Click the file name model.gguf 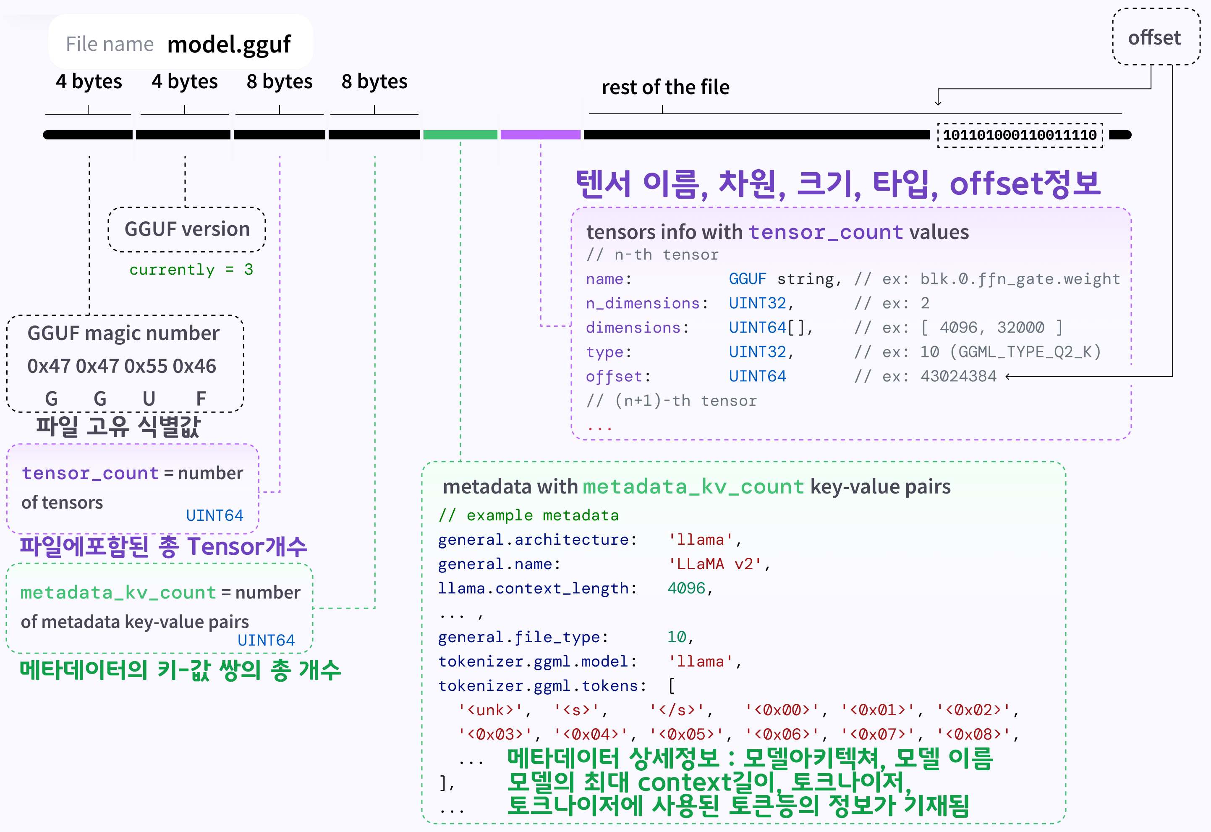tap(229, 45)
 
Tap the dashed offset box tap(1155, 37)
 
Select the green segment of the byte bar tap(460, 135)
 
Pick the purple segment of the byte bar tap(540, 135)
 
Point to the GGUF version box tap(186, 229)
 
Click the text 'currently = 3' tap(191, 270)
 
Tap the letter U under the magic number tap(149, 399)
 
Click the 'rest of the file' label tap(665, 87)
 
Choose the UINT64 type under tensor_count tap(214, 516)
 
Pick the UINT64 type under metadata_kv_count tap(266, 640)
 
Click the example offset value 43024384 tap(958, 376)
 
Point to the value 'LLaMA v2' tap(715, 564)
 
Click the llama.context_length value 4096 tap(686, 588)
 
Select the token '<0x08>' tap(973, 735)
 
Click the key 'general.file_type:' tap(523, 637)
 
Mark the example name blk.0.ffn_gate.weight tap(1020, 279)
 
